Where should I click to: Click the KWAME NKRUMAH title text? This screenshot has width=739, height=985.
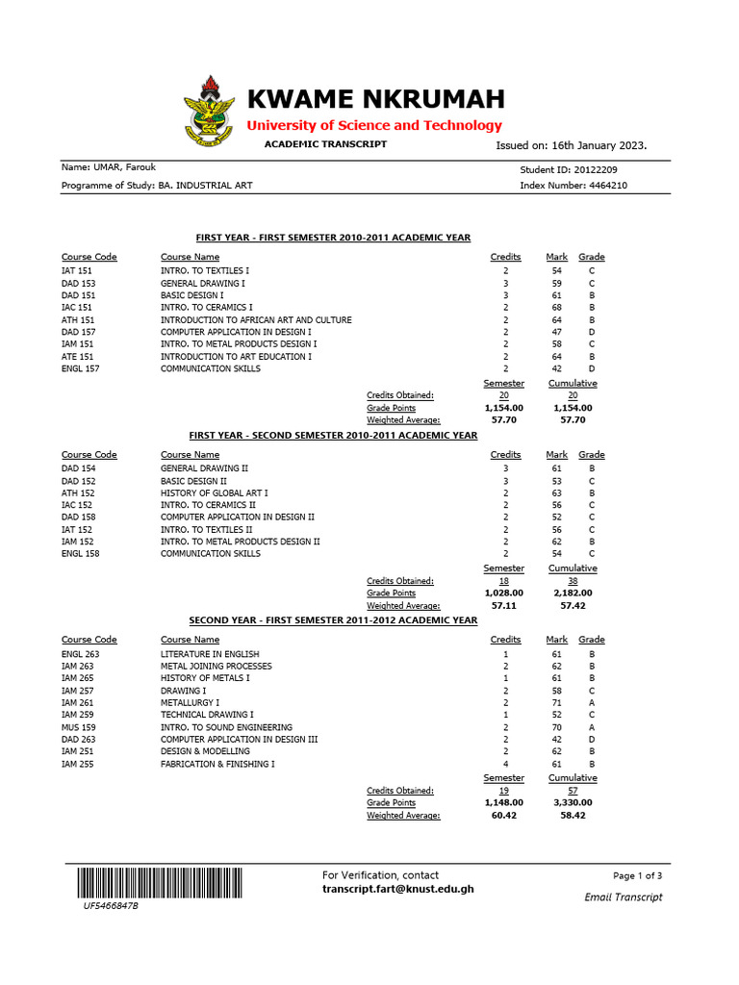pos(376,99)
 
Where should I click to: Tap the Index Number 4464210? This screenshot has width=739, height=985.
pos(601,185)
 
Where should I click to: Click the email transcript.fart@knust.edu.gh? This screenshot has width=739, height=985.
pos(397,889)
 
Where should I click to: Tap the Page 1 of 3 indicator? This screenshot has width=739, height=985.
pos(637,876)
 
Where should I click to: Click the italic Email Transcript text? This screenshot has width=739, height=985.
pos(624,897)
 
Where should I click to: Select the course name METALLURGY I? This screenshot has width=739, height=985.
pos(190,703)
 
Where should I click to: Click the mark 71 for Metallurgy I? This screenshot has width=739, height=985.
pos(556,703)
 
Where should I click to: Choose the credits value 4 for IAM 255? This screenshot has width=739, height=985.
pos(505,764)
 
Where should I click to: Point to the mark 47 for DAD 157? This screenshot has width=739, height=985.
pos(556,332)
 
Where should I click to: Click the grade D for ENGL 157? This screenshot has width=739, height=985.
pos(592,368)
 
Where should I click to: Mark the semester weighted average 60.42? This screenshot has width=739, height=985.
pos(504,815)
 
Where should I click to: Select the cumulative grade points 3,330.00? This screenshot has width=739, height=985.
pos(573,802)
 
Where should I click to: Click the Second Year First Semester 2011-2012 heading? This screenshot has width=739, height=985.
pos(333,620)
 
